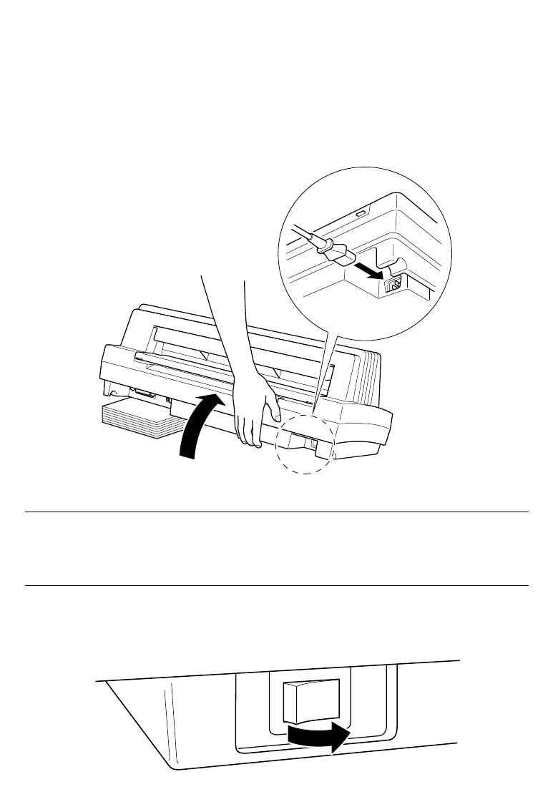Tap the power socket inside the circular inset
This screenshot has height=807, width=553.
(x=393, y=284)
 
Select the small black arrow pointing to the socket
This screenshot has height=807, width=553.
(x=369, y=270)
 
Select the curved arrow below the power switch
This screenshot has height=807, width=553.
(x=319, y=735)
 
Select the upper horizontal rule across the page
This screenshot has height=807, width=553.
(x=276, y=512)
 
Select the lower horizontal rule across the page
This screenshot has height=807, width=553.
(x=276, y=586)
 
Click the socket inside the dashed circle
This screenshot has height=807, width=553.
(x=315, y=444)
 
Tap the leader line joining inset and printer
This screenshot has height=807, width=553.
(x=326, y=365)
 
